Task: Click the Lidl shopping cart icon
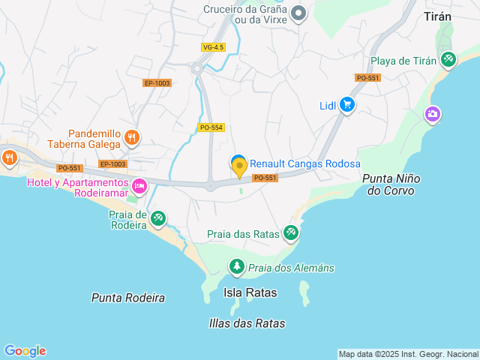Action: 346,105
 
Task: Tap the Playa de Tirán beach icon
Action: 448,59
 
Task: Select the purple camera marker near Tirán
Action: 433,114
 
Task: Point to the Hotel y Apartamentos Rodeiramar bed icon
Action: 139,186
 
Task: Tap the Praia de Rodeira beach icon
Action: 158,218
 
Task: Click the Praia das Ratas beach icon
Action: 291,233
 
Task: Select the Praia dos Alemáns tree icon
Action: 237,266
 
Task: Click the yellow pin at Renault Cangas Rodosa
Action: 239,168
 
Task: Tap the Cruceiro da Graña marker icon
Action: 298,12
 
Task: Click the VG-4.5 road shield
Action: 213,47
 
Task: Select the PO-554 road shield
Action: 211,127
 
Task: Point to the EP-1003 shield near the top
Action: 157,83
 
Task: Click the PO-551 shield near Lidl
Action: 367,78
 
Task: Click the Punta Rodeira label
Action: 128,298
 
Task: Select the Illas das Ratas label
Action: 247,323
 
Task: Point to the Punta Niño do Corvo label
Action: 391,184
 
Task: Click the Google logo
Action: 25,351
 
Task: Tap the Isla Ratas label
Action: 250,292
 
